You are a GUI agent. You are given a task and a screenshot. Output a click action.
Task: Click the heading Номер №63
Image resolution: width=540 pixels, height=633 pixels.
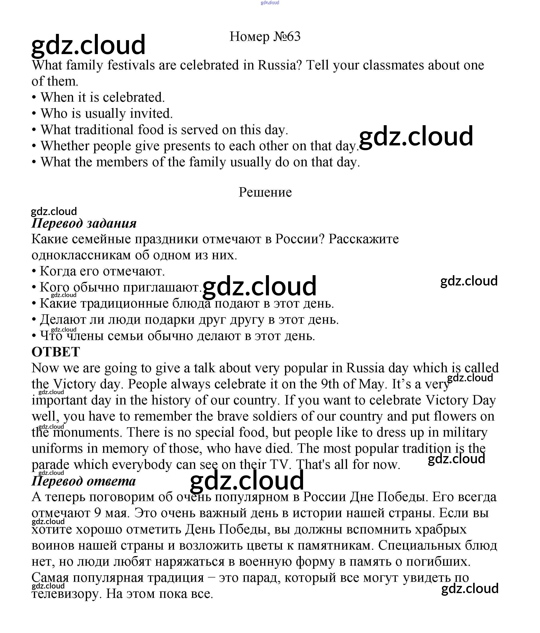tap(265, 37)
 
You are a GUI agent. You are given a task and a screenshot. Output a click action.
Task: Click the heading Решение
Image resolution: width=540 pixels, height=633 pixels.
tap(265, 192)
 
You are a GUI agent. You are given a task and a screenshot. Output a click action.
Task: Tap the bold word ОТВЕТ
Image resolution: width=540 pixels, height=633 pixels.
tap(56, 352)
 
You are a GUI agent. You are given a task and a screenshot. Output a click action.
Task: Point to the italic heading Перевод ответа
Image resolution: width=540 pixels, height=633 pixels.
tap(83, 481)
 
